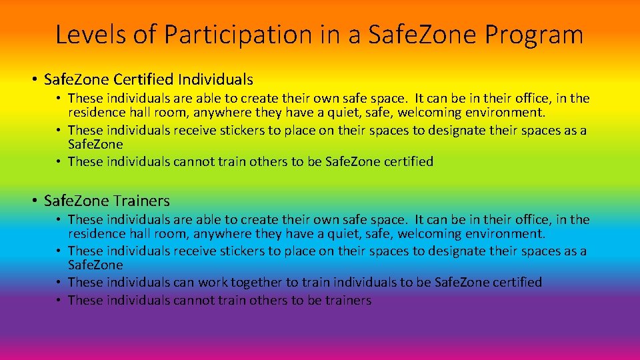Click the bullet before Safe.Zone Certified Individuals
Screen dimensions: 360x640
33,80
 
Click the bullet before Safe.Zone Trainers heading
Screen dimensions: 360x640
33,201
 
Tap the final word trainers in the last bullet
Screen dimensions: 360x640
348,300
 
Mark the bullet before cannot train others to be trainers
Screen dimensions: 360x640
59,300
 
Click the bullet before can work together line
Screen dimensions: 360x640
59,282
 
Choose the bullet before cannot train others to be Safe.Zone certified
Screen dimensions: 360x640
59,161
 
